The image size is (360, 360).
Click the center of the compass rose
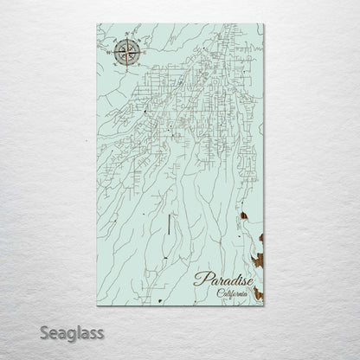click(125, 53)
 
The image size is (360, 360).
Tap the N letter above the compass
click(125, 40)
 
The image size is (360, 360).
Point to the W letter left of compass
click(112, 53)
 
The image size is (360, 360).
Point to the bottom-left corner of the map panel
click(97, 305)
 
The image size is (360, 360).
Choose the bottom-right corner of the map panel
click(263, 305)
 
